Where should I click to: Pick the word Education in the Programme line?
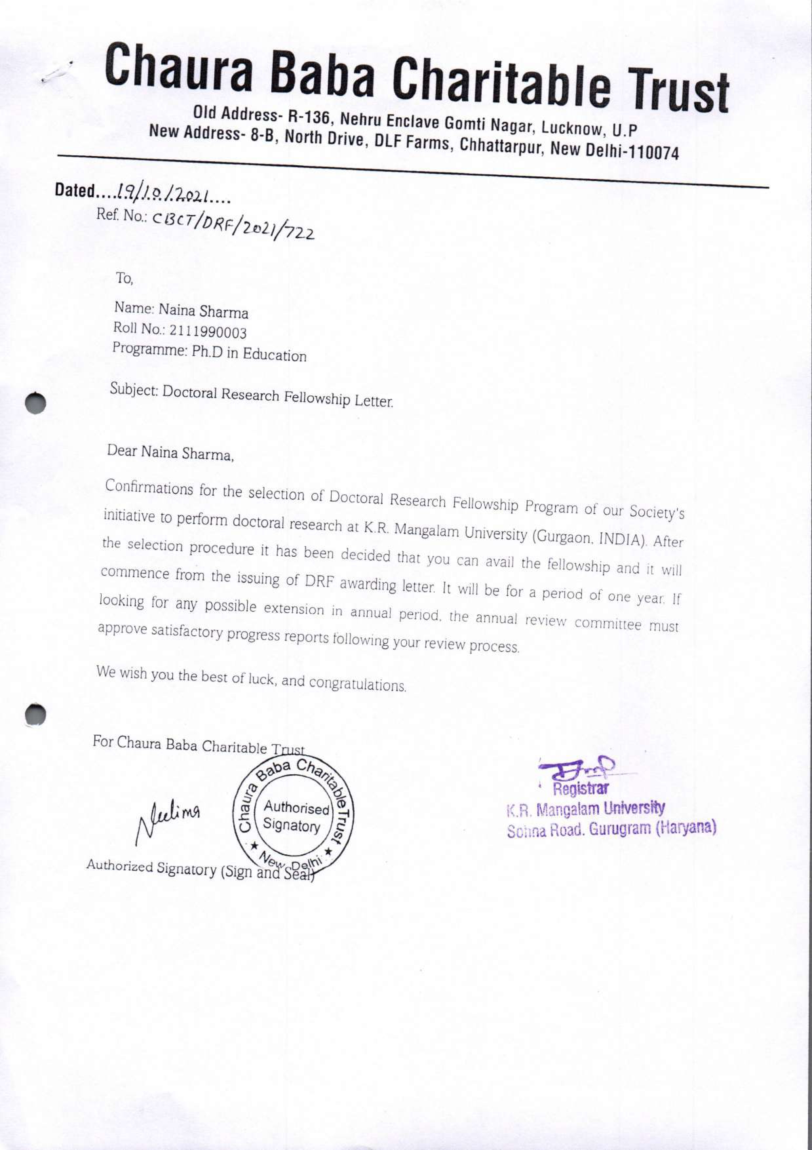coord(274,355)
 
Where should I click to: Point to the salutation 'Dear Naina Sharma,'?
coord(171,452)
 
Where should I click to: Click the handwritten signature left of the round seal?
coord(168,820)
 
